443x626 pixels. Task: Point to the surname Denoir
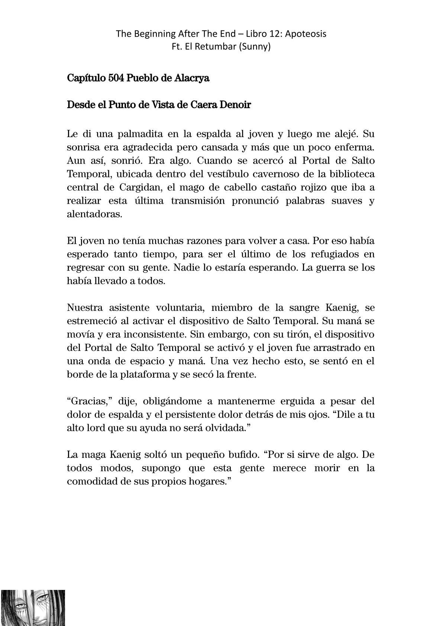click(x=235, y=105)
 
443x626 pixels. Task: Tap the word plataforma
click(x=142, y=375)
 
